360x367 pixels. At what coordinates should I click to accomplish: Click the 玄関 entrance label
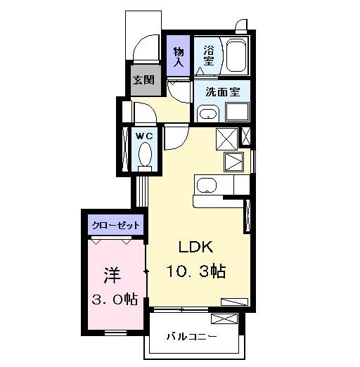[143, 80]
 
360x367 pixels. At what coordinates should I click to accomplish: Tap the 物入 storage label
[179, 57]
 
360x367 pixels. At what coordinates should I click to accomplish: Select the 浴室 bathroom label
[209, 56]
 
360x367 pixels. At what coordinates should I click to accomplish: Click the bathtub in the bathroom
[236, 55]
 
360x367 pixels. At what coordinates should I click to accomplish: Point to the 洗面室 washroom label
[223, 92]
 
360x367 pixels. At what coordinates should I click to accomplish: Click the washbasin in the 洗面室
[208, 114]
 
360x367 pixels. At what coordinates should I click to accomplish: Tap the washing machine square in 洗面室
[237, 112]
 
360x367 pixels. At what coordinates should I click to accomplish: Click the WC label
[144, 136]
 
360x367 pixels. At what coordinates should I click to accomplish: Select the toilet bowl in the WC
[145, 155]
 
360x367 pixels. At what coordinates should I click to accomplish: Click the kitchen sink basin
[207, 185]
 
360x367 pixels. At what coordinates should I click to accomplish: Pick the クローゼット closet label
[116, 226]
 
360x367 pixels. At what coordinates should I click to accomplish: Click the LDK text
[196, 247]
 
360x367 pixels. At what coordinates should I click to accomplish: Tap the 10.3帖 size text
[196, 271]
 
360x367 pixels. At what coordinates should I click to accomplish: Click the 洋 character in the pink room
[112, 275]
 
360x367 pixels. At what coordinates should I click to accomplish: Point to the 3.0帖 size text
[115, 299]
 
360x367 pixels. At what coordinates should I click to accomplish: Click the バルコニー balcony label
[191, 337]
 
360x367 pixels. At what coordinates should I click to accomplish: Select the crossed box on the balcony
[224, 319]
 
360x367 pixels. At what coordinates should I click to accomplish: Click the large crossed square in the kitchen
[227, 139]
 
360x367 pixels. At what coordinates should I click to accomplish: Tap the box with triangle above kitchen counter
[233, 162]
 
